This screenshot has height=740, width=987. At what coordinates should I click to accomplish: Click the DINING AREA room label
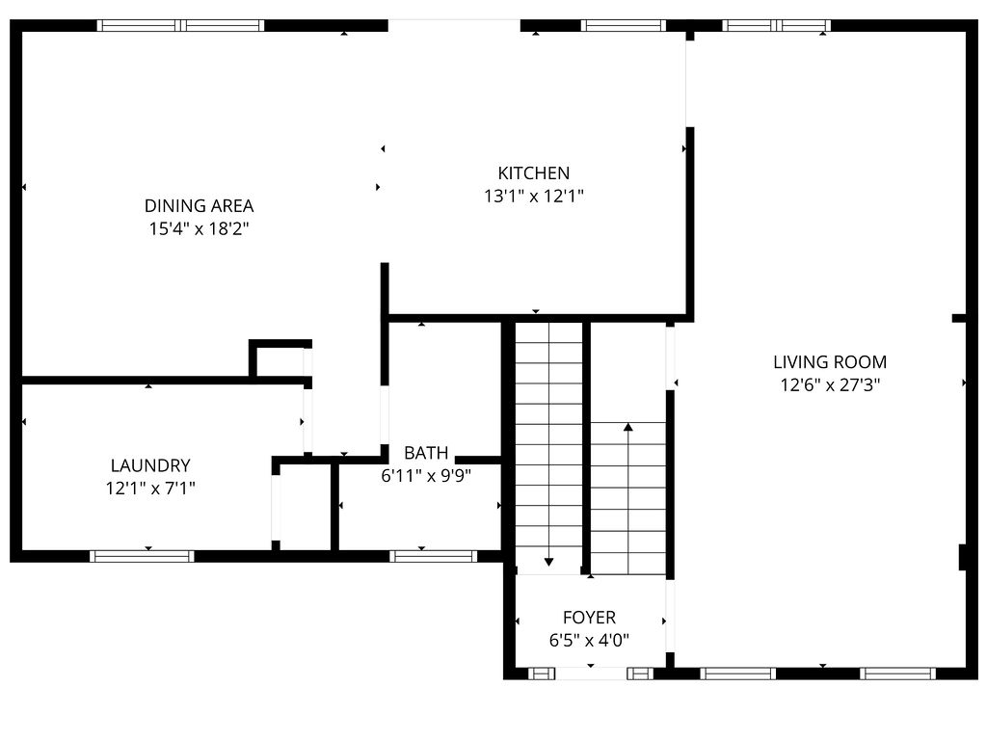click(199, 205)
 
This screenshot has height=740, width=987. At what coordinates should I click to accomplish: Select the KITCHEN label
click(533, 173)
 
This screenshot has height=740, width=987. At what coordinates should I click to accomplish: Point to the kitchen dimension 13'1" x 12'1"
click(533, 197)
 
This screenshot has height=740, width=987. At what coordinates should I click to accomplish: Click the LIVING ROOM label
click(829, 362)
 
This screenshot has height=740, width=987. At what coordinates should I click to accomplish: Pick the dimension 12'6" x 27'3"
click(829, 385)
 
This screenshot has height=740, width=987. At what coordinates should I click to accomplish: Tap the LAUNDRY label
click(149, 465)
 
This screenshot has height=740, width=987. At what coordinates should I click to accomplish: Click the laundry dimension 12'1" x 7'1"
click(149, 489)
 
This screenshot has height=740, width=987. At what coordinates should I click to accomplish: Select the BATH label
click(425, 453)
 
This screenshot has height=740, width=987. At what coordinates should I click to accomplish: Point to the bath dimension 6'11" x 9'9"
click(425, 475)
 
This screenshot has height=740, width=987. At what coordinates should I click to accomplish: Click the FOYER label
click(589, 618)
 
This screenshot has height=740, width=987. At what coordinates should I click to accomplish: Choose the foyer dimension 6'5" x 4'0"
click(589, 641)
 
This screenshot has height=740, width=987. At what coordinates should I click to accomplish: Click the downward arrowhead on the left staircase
click(548, 561)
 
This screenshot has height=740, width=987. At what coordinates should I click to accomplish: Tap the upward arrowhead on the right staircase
click(628, 426)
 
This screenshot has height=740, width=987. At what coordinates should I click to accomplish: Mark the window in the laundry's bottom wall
click(142, 556)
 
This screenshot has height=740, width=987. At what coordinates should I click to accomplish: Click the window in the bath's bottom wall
click(433, 556)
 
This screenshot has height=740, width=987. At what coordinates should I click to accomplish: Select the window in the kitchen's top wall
click(623, 26)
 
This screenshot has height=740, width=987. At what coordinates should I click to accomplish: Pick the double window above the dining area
click(181, 26)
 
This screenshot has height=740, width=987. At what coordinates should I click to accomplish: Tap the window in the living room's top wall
click(776, 26)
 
